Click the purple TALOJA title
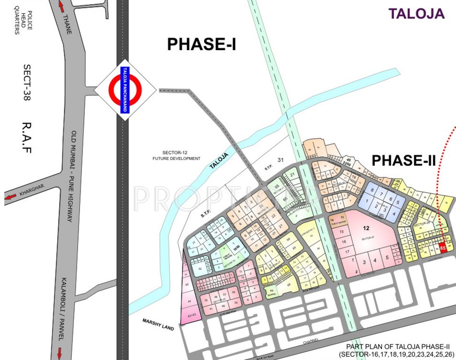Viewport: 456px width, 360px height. click(x=417, y=14)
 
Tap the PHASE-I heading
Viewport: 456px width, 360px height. click(x=201, y=44)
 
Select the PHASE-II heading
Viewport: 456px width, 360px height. click(x=404, y=160)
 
